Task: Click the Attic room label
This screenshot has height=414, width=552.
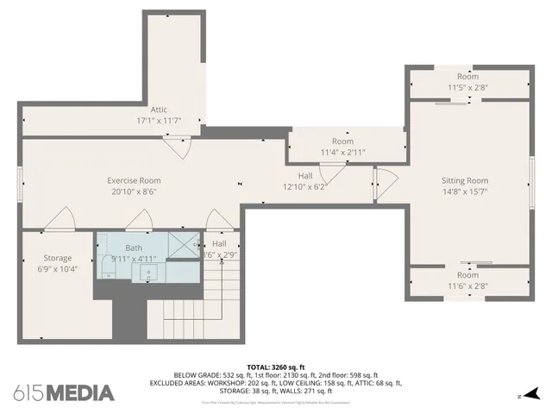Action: click(x=159, y=110)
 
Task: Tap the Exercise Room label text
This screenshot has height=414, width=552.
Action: click(x=134, y=180)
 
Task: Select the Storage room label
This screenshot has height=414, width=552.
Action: click(x=58, y=258)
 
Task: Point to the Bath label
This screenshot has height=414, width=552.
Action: click(x=134, y=248)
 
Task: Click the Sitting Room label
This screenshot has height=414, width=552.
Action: click(x=465, y=180)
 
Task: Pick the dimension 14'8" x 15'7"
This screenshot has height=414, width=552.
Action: click(x=465, y=191)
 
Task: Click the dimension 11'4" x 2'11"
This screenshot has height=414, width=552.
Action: click(x=342, y=152)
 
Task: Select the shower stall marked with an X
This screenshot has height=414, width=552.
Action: click(x=183, y=245)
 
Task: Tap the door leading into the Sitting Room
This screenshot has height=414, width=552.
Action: click(x=385, y=185)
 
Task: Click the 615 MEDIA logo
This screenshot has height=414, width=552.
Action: click(x=64, y=392)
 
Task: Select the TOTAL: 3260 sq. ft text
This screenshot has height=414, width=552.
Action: click(x=276, y=367)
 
